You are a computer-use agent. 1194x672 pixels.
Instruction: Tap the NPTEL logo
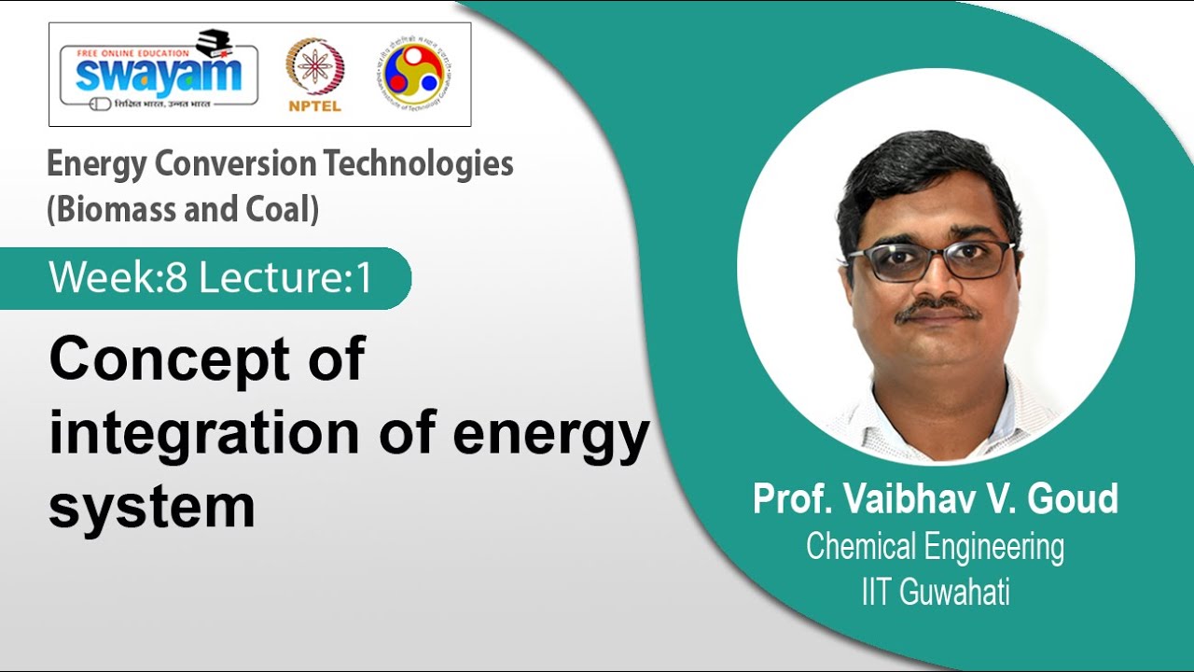(x=313, y=75)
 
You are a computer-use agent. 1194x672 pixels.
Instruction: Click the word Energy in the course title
(x=96, y=164)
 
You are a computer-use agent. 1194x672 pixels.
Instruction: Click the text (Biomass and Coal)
(x=183, y=209)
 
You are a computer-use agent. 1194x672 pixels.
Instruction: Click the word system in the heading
(x=151, y=507)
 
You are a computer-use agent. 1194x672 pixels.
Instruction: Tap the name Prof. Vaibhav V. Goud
(x=935, y=500)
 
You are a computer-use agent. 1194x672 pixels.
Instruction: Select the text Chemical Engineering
(x=935, y=547)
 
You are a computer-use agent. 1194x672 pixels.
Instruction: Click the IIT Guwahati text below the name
(x=935, y=593)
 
